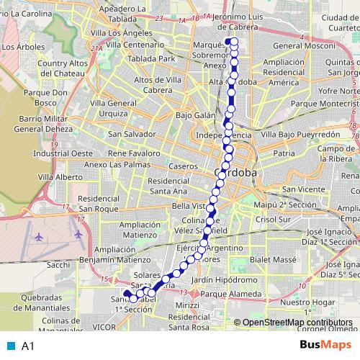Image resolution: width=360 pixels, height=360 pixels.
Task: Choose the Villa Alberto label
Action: click(60, 176)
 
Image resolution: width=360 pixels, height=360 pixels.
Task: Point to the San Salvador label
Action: click(130, 134)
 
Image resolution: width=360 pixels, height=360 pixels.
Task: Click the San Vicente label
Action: click(303, 189)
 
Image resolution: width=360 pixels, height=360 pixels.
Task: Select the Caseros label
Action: click(183, 166)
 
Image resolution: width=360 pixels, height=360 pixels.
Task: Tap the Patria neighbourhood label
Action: click(284, 153)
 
